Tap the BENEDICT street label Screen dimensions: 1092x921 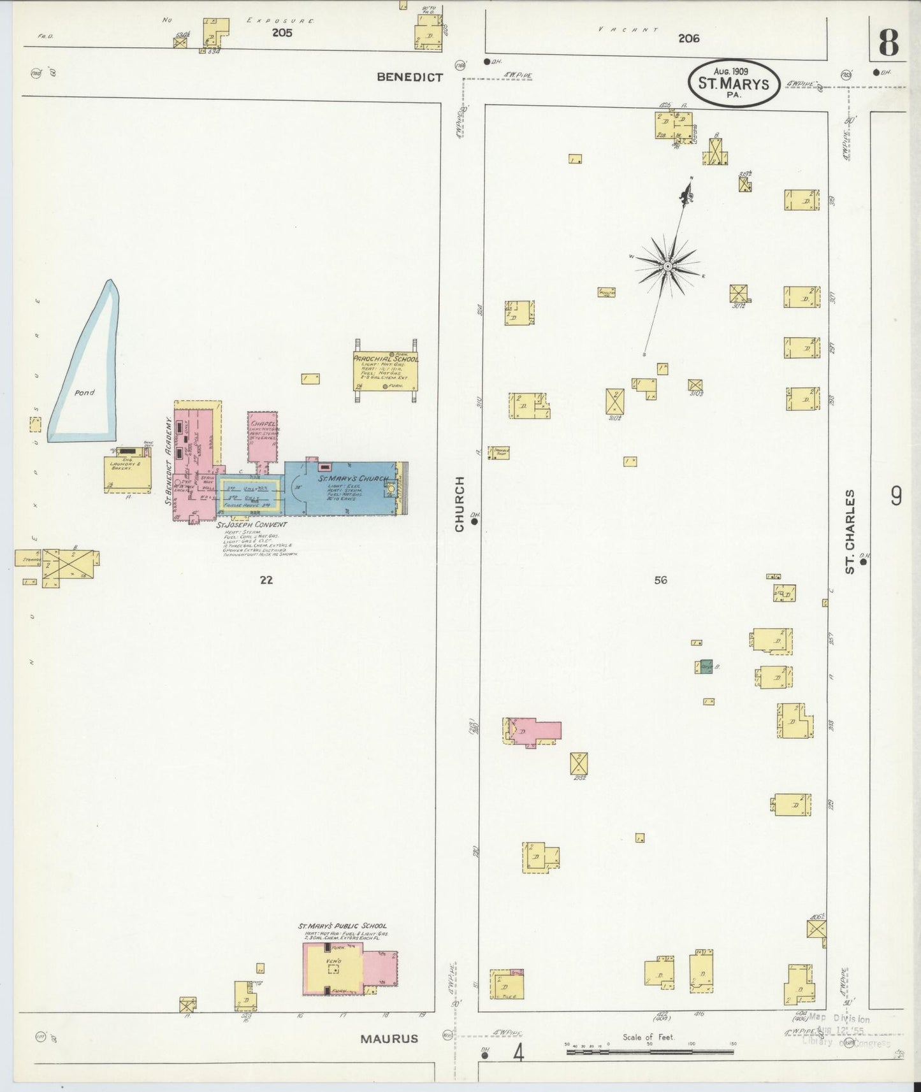click(409, 77)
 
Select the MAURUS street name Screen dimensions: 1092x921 click(389, 1038)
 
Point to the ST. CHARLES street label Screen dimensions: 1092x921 click(850, 532)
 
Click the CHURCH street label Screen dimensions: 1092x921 click(460, 503)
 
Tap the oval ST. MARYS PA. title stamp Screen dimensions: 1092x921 click(734, 83)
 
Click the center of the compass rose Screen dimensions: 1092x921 click(667, 266)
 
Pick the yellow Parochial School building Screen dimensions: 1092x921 click(386, 371)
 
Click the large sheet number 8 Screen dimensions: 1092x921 click(888, 43)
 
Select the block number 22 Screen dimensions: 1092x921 click(266, 580)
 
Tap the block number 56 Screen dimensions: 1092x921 click(660, 580)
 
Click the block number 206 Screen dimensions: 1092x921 click(688, 38)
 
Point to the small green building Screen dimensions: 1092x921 click(706, 666)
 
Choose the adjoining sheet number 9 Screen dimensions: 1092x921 click(896, 495)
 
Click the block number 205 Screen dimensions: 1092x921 click(282, 33)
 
